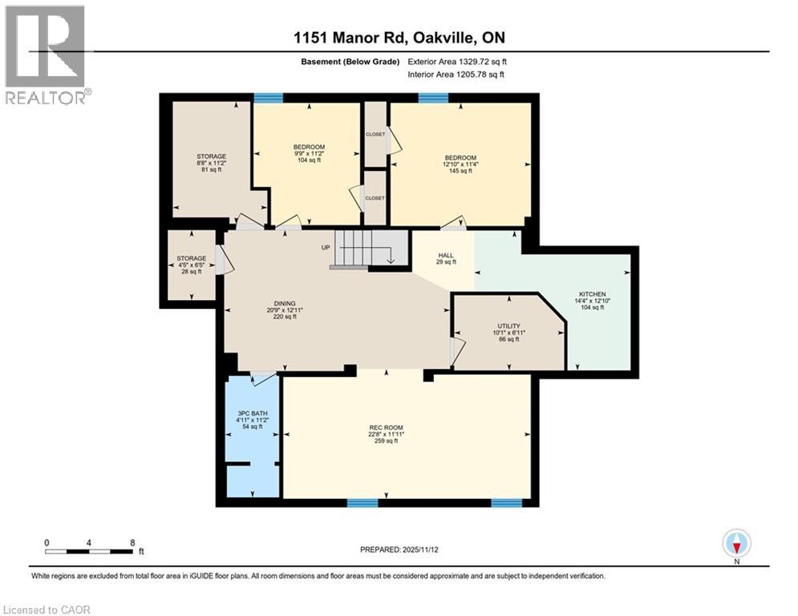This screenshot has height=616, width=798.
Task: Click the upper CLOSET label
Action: tap(375, 135)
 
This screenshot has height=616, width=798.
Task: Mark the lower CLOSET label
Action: tap(375, 197)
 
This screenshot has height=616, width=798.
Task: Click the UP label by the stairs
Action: tap(326, 247)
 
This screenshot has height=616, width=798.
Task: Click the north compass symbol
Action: tap(736, 544)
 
